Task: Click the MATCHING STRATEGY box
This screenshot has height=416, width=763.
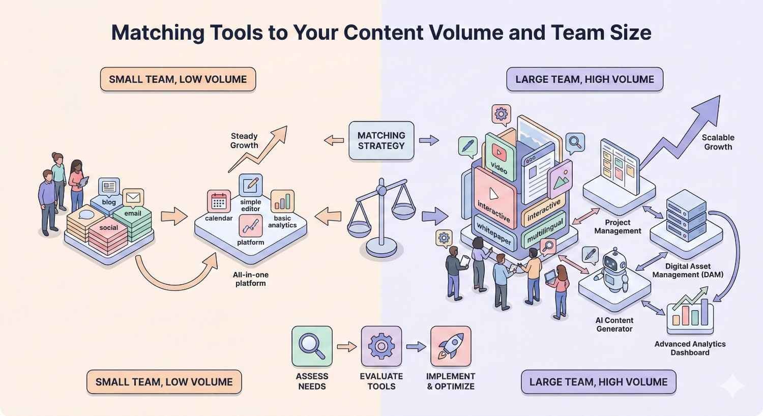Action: [381, 140]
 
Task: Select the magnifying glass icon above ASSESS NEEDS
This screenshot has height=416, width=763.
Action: [312, 346]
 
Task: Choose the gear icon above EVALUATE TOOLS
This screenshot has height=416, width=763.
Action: [381, 346]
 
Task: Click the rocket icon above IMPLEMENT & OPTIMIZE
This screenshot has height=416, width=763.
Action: [450, 346]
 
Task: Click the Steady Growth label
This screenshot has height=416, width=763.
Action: [244, 141]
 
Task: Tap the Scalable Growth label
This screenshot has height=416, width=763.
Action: [718, 142]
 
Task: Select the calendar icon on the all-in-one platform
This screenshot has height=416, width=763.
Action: [219, 201]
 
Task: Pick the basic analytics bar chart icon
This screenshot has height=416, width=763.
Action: [282, 201]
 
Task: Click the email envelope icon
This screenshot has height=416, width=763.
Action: [133, 197]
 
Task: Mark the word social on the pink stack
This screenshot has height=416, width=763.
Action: [108, 228]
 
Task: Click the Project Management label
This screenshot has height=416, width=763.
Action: [618, 227]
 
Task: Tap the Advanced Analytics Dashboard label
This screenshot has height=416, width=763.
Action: [690, 348]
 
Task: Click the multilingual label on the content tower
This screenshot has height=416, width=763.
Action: [545, 231]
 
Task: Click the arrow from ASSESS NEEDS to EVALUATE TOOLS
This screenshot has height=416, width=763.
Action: [346, 347]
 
